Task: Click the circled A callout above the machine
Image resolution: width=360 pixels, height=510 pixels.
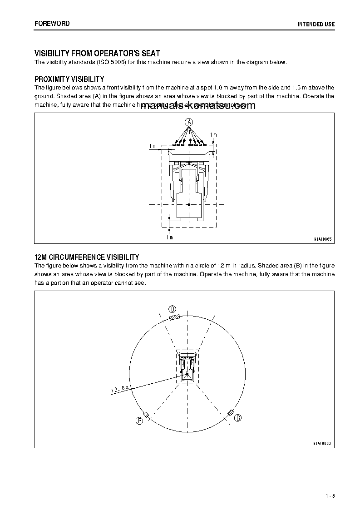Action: [x=189, y=122]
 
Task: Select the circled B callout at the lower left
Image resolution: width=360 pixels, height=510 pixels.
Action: [x=139, y=421]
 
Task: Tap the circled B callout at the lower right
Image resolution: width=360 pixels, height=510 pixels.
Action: [x=238, y=418]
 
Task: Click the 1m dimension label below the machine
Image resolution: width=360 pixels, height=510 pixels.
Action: [x=169, y=237]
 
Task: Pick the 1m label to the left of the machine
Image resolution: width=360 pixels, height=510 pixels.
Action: [x=153, y=146]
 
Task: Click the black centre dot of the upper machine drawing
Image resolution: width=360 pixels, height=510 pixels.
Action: [x=189, y=205]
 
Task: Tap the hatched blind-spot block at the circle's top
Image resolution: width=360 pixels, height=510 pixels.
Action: [x=174, y=317]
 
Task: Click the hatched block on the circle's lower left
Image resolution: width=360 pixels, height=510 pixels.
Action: [x=146, y=415]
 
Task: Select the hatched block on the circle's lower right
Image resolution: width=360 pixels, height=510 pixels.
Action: [x=231, y=412]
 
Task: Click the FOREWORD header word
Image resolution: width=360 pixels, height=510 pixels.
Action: [x=52, y=23]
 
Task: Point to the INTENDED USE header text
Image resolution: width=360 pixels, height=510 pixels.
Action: [x=316, y=24]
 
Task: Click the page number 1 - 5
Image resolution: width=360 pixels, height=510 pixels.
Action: [x=330, y=495]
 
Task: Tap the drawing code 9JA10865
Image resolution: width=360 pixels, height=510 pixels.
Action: [x=322, y=239]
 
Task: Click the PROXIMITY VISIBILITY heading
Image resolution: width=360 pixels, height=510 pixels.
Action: [x=69, y=79]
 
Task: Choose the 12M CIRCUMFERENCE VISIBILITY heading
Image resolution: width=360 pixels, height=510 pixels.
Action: [x=87, y=257]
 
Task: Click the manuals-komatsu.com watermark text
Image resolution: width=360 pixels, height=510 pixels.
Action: [x=195, y=106]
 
